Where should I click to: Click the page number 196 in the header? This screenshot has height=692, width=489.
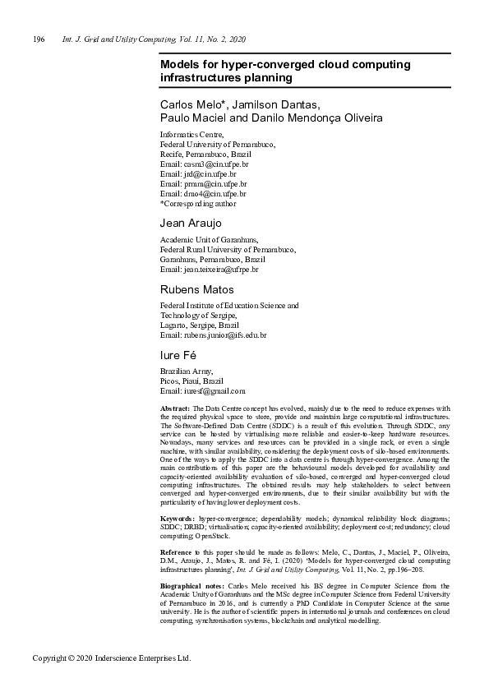39,39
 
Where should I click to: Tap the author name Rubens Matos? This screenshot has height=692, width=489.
197,289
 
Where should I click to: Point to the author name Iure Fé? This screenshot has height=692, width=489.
178,355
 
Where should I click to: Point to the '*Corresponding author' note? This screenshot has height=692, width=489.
198,204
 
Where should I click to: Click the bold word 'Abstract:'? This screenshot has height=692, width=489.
175,408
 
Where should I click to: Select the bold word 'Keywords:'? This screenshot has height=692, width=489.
178,520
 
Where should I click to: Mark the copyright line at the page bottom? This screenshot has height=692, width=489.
111,659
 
